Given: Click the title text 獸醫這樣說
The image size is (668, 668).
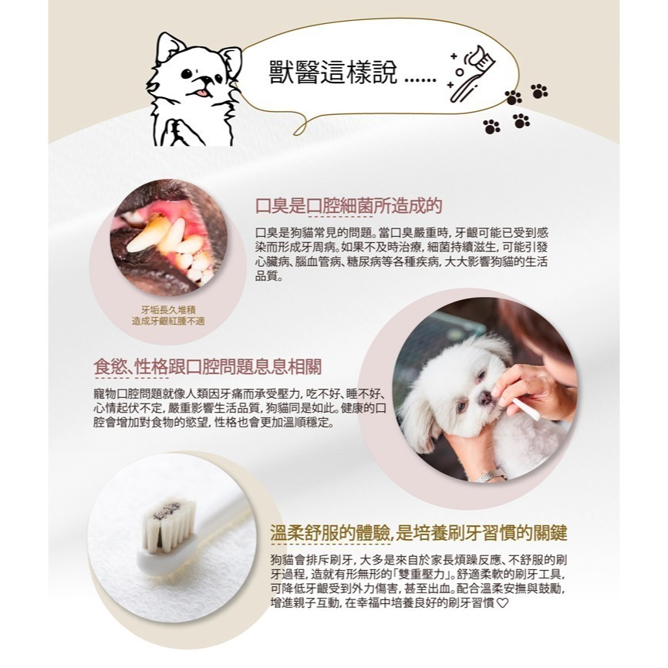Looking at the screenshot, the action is (333, 72).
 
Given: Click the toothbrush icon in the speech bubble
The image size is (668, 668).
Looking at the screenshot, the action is (473, 73).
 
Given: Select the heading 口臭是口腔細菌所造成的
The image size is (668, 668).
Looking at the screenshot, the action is (349, 206).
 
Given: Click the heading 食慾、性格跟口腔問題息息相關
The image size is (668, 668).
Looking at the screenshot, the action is (207, 366).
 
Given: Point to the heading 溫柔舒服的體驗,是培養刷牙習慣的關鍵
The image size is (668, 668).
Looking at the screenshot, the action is (419, 533).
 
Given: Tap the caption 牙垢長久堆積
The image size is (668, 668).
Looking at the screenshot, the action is (168, 310).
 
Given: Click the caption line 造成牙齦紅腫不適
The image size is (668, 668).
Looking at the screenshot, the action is (168, 321).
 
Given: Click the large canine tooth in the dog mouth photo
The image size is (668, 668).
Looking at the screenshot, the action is (145, 237).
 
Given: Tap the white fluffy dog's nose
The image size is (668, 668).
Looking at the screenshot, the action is (484, 398).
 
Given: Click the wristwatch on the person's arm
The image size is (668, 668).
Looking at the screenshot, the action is (491, 475).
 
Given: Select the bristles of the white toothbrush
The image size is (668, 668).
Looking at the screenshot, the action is (170, 525).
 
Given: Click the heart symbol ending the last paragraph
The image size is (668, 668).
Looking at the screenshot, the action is (503, 602).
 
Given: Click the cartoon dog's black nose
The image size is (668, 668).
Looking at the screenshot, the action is (205, 79).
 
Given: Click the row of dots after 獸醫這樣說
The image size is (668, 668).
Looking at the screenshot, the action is (420, 79).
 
